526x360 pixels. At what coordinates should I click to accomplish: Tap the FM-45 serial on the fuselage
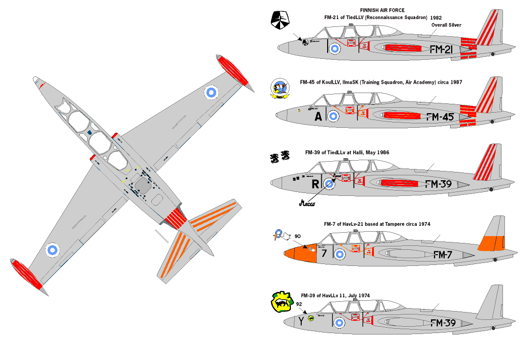coord(440,117)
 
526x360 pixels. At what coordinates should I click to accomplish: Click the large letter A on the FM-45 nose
coord(318,116)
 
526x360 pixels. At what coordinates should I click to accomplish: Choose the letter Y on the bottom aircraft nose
coord(301,321)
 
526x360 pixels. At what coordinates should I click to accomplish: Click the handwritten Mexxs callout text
coord(308,203)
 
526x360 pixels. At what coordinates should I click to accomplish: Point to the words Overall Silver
coord(446,25)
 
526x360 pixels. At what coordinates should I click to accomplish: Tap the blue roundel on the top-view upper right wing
coord(211,92)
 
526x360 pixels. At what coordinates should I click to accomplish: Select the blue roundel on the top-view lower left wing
coord(52,249)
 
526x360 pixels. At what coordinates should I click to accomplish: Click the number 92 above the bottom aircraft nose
coord(299,304)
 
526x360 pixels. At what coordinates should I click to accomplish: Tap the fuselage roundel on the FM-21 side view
coord(335,48)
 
